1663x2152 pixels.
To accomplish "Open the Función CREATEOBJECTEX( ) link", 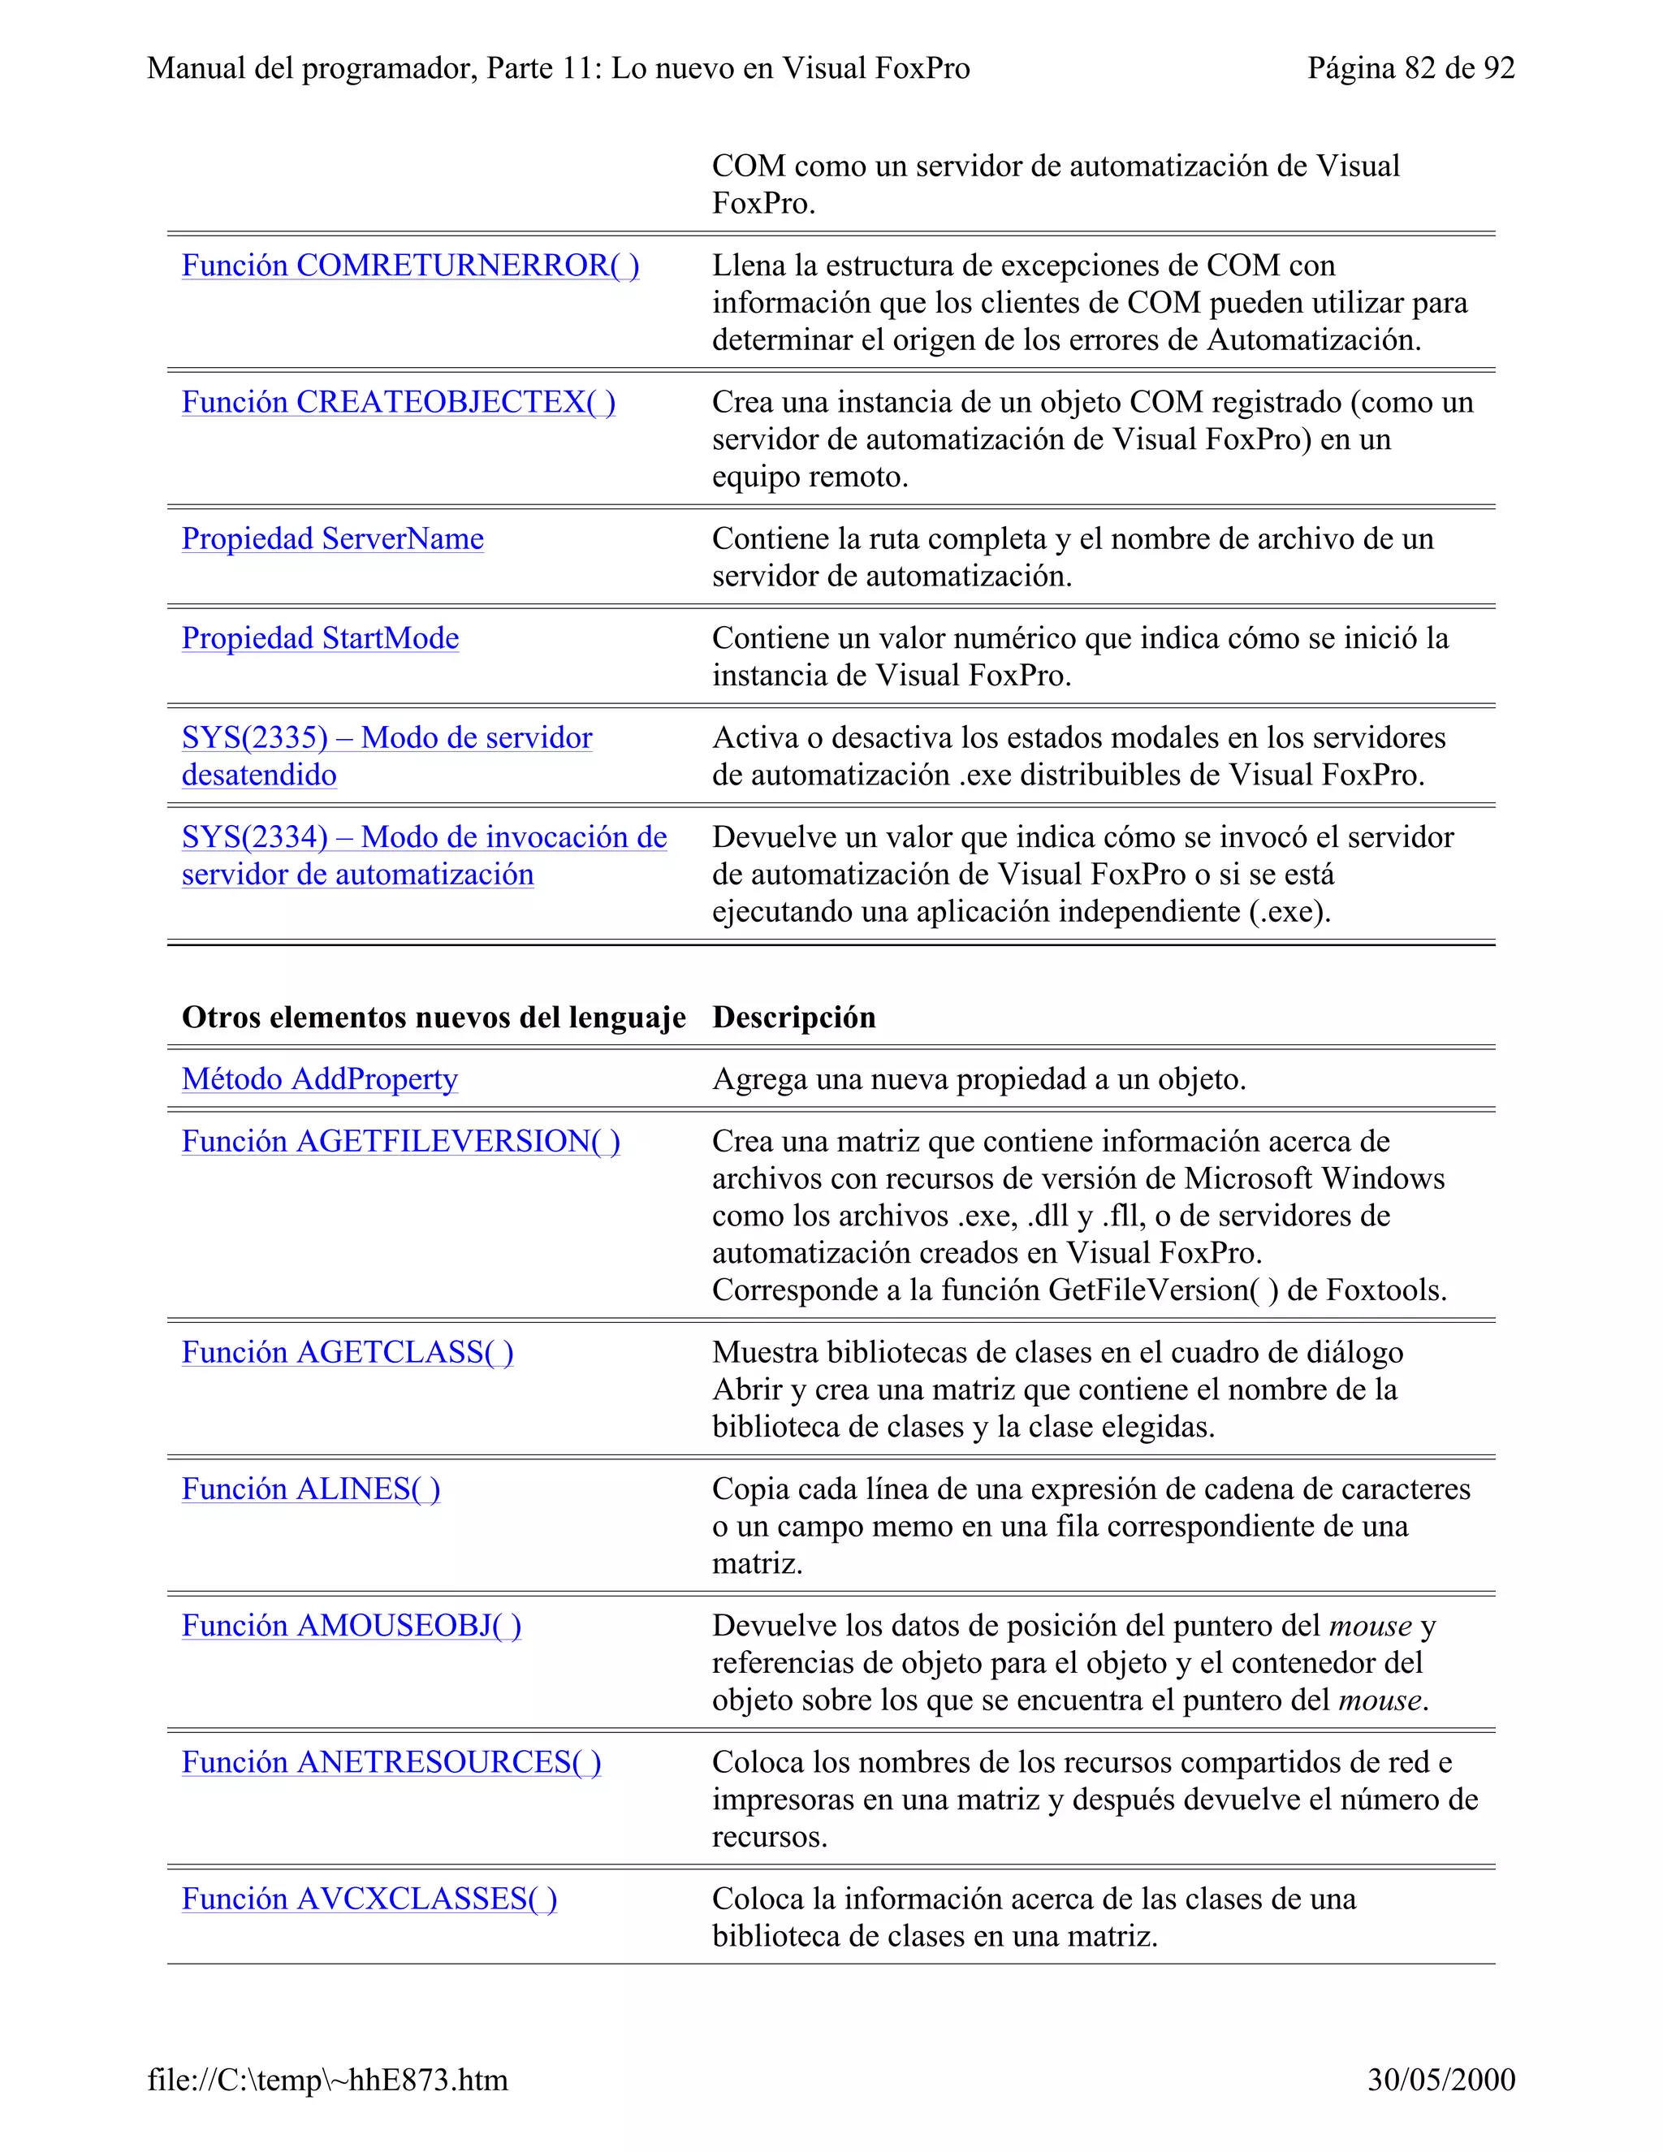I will pyautogui.click(x=398, y=402).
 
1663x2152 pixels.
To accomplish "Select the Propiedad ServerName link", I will pyautogui.click(x=332, y=539).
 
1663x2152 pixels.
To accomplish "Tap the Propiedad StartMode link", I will pyautogui.click(x=320, y=638).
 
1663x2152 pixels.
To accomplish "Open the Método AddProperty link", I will pyautogui.click(x=319, y=1079).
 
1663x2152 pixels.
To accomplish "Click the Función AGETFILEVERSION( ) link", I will pyautogui.click(x=400, y=1141).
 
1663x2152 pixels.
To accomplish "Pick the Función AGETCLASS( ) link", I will pyautogui.click(x=347, y=1352).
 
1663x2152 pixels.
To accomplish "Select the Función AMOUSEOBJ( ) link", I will pyautogui.click(x=351, y=1626).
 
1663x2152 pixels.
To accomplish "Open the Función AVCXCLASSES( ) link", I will pyautogui.click(x=369, y=1899).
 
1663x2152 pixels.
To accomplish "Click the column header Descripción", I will pyautogui.click(x=793, y=1017).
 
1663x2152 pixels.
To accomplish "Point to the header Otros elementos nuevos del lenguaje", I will pyautogui.click(x=434, y=1017).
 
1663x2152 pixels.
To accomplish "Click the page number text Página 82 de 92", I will pyautogui.click(x=1410, y=68).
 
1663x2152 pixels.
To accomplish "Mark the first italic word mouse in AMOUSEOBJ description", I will pyautogui.click(x=1371, y=1626).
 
